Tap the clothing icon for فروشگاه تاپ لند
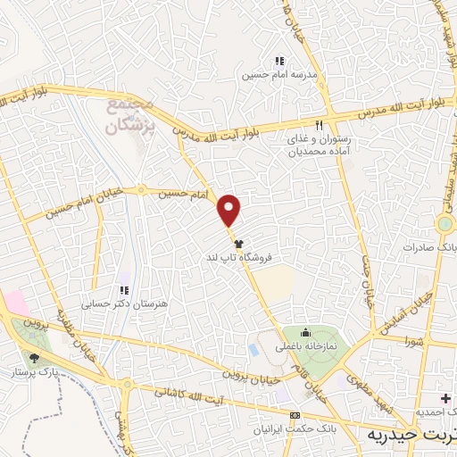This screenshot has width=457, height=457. coord(237,242)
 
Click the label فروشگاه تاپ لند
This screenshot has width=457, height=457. coord(236,257)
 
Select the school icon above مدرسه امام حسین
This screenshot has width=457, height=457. coord(279,61)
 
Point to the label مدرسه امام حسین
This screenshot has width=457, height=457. coord(278,76)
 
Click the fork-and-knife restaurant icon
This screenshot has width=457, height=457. coord(319,125)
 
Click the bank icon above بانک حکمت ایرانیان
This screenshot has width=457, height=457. coord(295,415)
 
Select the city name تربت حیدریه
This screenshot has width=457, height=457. coord(411,434)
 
